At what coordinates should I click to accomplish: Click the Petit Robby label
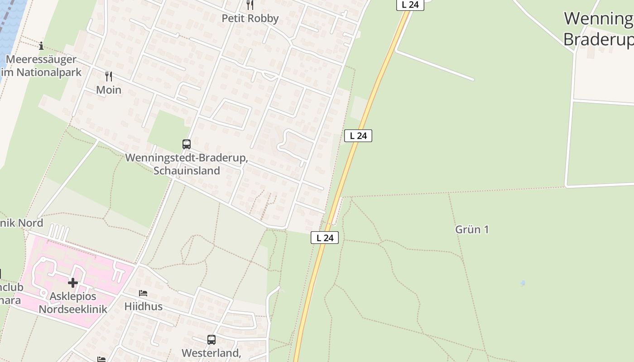pyautogui.click(x=250, y=19)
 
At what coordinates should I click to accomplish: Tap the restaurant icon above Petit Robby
pyautogui.click(x=250, y=5)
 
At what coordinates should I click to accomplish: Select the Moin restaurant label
pyautogui.click(x=109, y=90)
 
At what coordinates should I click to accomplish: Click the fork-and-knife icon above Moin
pyautogui.click(x=109, y=76)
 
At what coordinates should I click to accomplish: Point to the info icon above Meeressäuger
pyautogui.click(x=41, y=46)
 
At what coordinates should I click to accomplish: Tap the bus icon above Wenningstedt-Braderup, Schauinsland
pyautogui.click(x=187, y=144)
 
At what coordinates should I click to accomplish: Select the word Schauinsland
pyautogui.click(x=187, y=171)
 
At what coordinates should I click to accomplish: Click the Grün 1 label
pyautogui.click(x=472, y=229)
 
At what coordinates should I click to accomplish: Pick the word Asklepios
pyautogui.click(x=73, y=296)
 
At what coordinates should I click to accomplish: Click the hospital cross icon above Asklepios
pyautogui.click(x=72, y=283)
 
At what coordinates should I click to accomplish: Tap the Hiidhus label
pyautogui.click(x=144, y=306)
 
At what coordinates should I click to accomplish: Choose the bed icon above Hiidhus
pyautogui.click(x=143, y=293)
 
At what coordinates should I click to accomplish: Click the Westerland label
pyautogui.click(x=211, y=353)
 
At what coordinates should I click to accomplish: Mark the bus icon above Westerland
pyautogui.click(x=211, y=339)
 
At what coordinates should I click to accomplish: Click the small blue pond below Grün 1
pyautogui.click(x=523, y=283)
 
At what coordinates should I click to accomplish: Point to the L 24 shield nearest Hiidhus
pyautogui.click(x=325, y=238)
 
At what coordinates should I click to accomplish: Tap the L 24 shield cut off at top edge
pyautogui.click(x=410, y=5)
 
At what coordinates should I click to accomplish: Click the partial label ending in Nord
pyautogui.click(x=22, y=223)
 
